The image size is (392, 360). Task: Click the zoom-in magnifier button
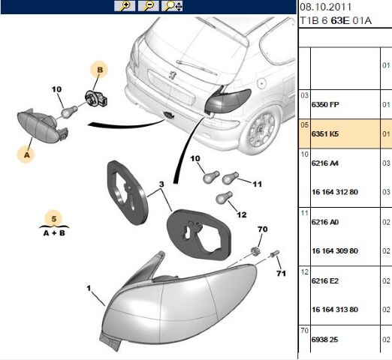[x=125, y=6]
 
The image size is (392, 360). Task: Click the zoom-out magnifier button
[x=149, y=6]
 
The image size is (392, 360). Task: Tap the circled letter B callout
[x=100, y=70]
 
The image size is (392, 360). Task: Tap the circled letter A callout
[x=26, y=154]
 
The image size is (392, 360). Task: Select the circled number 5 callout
[x=54, y=219]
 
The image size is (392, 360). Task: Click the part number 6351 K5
[x=325, y=134]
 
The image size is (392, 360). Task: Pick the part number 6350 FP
[x=325, y=104]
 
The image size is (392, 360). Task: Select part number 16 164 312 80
[x=335, y=192]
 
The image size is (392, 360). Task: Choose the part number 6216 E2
[x=325, y=281]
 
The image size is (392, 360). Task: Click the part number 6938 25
[x=324, y=340]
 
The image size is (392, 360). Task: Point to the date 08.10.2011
[x=325, y=7]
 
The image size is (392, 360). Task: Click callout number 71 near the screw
[x=281, y=273]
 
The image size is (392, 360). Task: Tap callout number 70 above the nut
[x=262, y=229]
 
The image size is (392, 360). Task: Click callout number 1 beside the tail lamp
[x=89, y=289]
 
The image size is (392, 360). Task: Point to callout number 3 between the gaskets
[x=161, y=184]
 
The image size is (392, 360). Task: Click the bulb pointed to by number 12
[x=224, y=197]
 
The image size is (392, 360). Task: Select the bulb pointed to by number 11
[x=231, y=178]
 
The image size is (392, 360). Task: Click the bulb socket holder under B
[x=96, y=98]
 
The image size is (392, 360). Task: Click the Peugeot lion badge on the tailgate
[x=172, y=75]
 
